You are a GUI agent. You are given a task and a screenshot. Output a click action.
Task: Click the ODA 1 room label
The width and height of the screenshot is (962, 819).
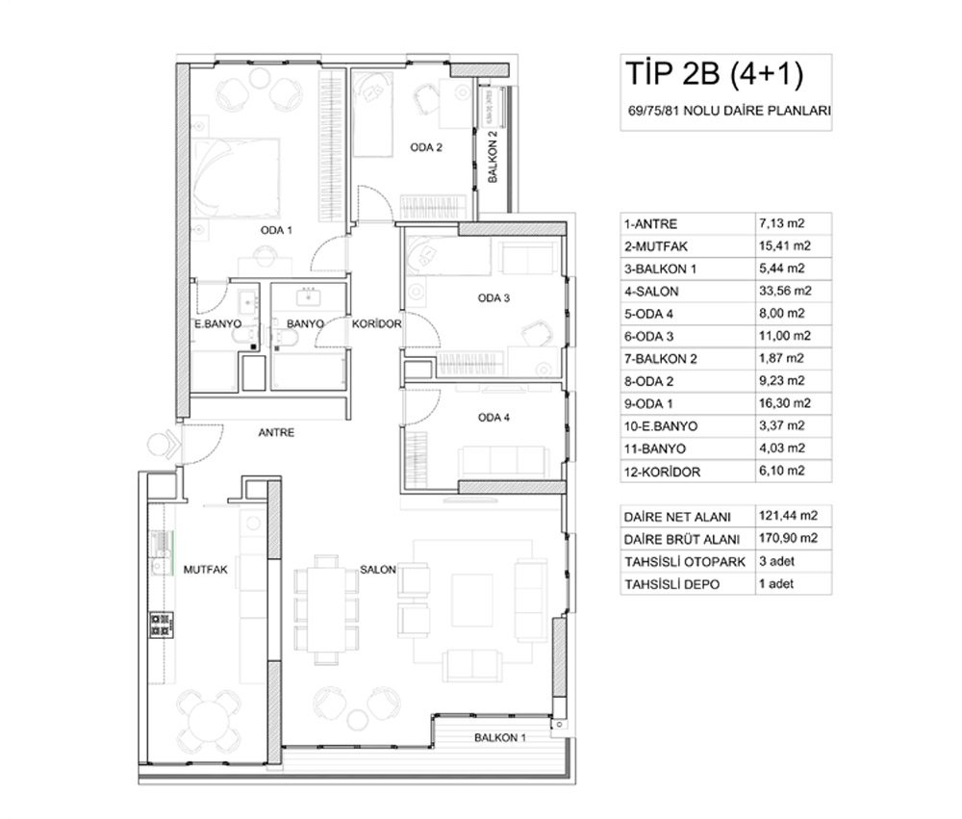pos(276,230)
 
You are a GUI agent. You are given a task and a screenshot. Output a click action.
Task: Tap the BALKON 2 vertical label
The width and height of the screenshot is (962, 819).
pos(493,157)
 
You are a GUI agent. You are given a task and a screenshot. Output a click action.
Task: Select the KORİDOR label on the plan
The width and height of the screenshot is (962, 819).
pos(377,323)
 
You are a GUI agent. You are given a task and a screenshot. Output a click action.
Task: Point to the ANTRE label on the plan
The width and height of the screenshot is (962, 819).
pos(276,432)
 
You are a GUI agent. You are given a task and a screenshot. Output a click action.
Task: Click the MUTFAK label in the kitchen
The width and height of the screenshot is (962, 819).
pos(206,570)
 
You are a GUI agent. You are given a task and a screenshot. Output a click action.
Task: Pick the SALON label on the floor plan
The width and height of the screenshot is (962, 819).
pos(378,570)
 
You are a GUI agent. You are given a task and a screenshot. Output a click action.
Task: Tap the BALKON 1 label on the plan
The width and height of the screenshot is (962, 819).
pos(500,737)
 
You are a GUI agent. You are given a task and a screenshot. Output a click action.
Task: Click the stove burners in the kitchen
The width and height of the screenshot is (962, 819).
pos(162,625)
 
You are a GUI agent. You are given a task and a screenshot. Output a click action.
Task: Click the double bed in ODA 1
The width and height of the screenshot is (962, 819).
pos(236,178)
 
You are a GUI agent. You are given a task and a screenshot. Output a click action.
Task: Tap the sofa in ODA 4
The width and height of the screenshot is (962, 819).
pos(504,460)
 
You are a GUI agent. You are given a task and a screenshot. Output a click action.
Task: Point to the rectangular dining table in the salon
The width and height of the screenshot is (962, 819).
pos(326,609)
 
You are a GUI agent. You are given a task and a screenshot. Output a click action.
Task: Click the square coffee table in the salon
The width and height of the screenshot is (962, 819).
pos(472,600)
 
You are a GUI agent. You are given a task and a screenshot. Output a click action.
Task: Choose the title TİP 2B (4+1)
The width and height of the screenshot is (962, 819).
pos(715,73)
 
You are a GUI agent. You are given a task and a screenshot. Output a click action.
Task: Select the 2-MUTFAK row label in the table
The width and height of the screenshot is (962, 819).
pos(656,246)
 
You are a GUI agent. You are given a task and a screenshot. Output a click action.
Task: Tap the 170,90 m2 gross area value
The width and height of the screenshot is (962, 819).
pos(789,538)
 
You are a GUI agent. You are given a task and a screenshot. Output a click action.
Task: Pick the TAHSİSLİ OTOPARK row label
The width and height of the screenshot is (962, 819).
pos(685,562)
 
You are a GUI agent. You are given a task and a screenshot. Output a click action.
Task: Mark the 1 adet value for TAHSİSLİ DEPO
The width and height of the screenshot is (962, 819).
pos(776,584)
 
